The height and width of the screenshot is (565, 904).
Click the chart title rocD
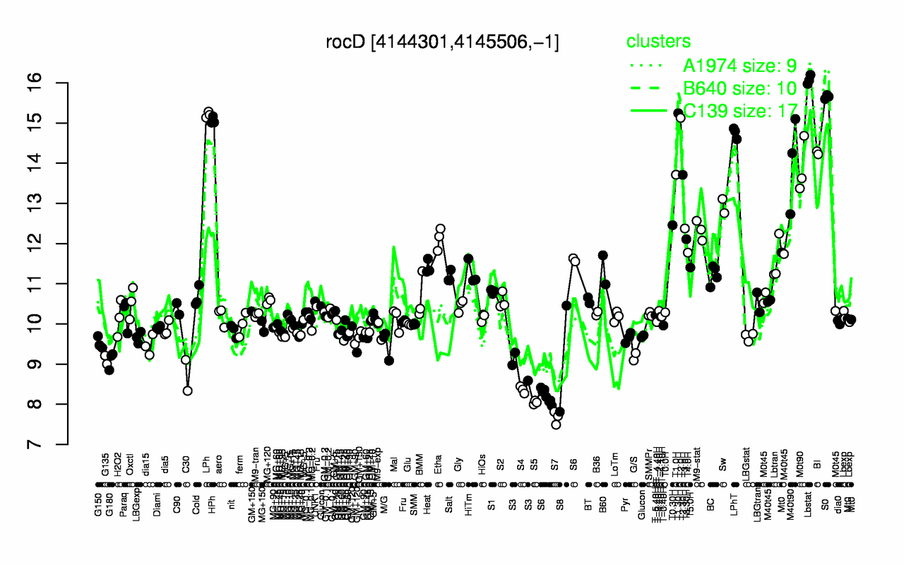[x=442, y=42]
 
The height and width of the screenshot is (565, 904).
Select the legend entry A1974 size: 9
[x=740, y=66]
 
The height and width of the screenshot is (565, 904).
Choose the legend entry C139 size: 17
[x=740, y=109]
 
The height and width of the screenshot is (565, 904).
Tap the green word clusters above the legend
[x=659, y=42]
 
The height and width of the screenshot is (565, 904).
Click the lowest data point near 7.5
[x=556, y=424]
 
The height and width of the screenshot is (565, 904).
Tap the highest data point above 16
[x=811, y=74]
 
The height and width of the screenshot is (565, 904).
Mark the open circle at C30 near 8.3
[x=187, y=391]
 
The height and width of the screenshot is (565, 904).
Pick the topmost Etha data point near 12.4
[x=440, y=229]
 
